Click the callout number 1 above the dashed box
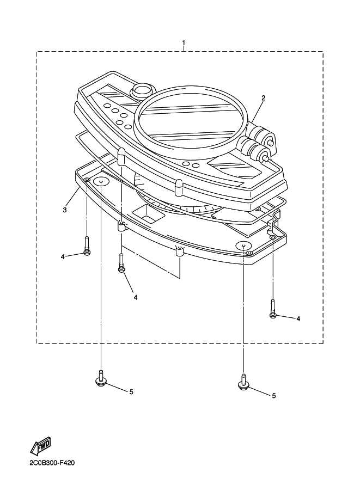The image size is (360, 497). click(184, 43)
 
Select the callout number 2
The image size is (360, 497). click(263, 98)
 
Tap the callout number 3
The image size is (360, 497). click(65, 210)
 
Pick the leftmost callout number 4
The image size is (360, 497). click(63, 257)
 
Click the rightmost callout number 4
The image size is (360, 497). click(298, 318)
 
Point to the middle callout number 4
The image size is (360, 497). click(136, 297)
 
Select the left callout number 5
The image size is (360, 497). click(131, 392)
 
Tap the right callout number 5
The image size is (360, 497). click(274, 396)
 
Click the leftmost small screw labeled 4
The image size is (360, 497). click(87, 246)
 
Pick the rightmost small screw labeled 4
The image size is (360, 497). click(273, 309)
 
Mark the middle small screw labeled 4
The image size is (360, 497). click(121, 262)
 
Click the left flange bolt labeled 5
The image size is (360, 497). click(101, 378)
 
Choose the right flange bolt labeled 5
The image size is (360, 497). click(243, 382)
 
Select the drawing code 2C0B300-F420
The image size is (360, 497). click(52, 463)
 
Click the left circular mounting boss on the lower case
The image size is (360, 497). click(101, 182)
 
